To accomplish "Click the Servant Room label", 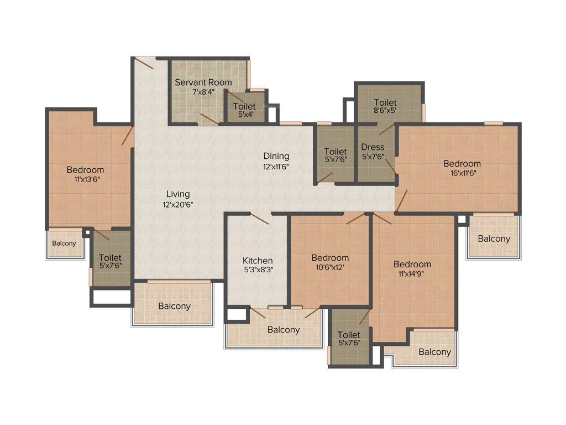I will point(203,82).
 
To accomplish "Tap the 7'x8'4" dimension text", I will point(203,92).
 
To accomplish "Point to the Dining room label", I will point(276,156).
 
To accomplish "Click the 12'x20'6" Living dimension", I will point(177,204).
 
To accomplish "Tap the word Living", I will point(177,194).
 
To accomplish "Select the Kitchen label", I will point(258,261).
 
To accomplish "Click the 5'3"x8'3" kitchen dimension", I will point(258,270).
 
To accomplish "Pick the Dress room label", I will point(373,147).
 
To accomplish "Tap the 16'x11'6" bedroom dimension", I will point(462,173).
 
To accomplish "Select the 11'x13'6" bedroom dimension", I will point(85,179).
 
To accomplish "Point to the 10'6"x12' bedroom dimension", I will point(330,267).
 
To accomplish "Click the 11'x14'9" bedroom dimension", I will point(412,273).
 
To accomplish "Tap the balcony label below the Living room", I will point(174,306).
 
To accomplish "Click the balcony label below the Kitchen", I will point(284,330).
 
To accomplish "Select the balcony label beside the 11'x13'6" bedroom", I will point(64,243).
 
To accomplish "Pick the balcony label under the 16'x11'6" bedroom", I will point(494,239).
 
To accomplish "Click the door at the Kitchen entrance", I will point(258,218).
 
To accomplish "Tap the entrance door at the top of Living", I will point(144,63).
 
